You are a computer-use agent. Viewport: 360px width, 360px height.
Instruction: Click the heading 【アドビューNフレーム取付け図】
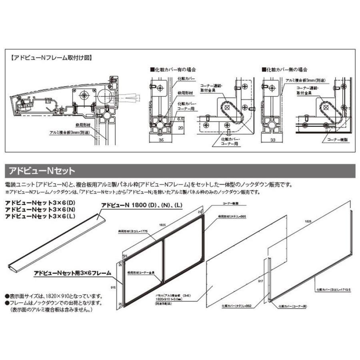pyautogui.click(x=51, y=58)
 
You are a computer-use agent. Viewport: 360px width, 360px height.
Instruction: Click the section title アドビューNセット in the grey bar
pyautogui.click(x=42, y=171)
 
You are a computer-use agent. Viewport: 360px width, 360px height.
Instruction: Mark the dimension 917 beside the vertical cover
pyautogui.click(x=261, y=282)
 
